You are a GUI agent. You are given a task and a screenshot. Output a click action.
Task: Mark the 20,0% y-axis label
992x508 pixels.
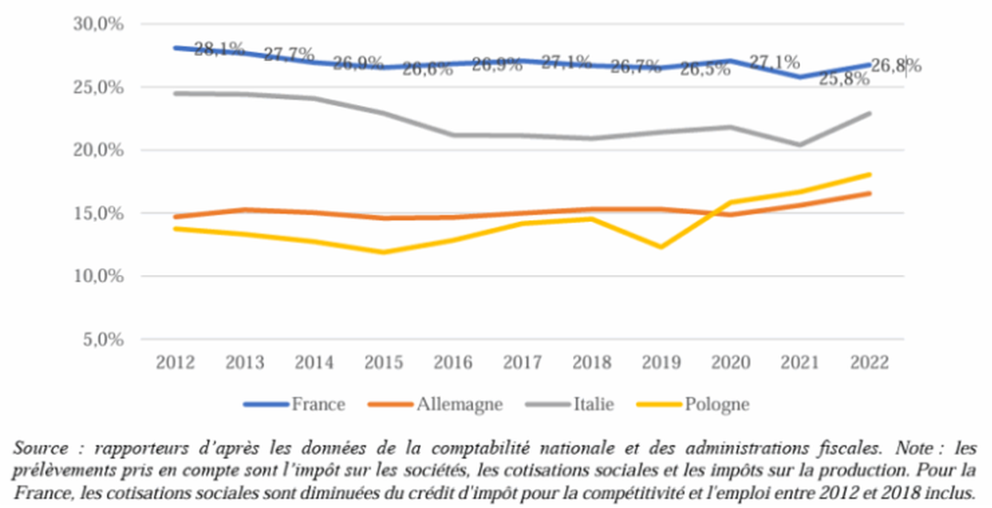[98, 151]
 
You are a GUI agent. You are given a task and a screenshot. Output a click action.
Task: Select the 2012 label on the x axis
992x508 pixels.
[176, 362]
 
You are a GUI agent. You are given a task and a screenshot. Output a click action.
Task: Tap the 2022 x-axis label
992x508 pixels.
[869, 362]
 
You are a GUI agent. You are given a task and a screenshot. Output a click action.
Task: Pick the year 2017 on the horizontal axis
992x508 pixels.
[522, 362]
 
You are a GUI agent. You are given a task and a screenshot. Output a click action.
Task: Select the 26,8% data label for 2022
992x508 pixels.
[895, 66]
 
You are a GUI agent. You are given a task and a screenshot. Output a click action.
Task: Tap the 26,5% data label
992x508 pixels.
[704, 69]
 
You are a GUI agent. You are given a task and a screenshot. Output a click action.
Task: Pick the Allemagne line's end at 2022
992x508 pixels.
[869, 193]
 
